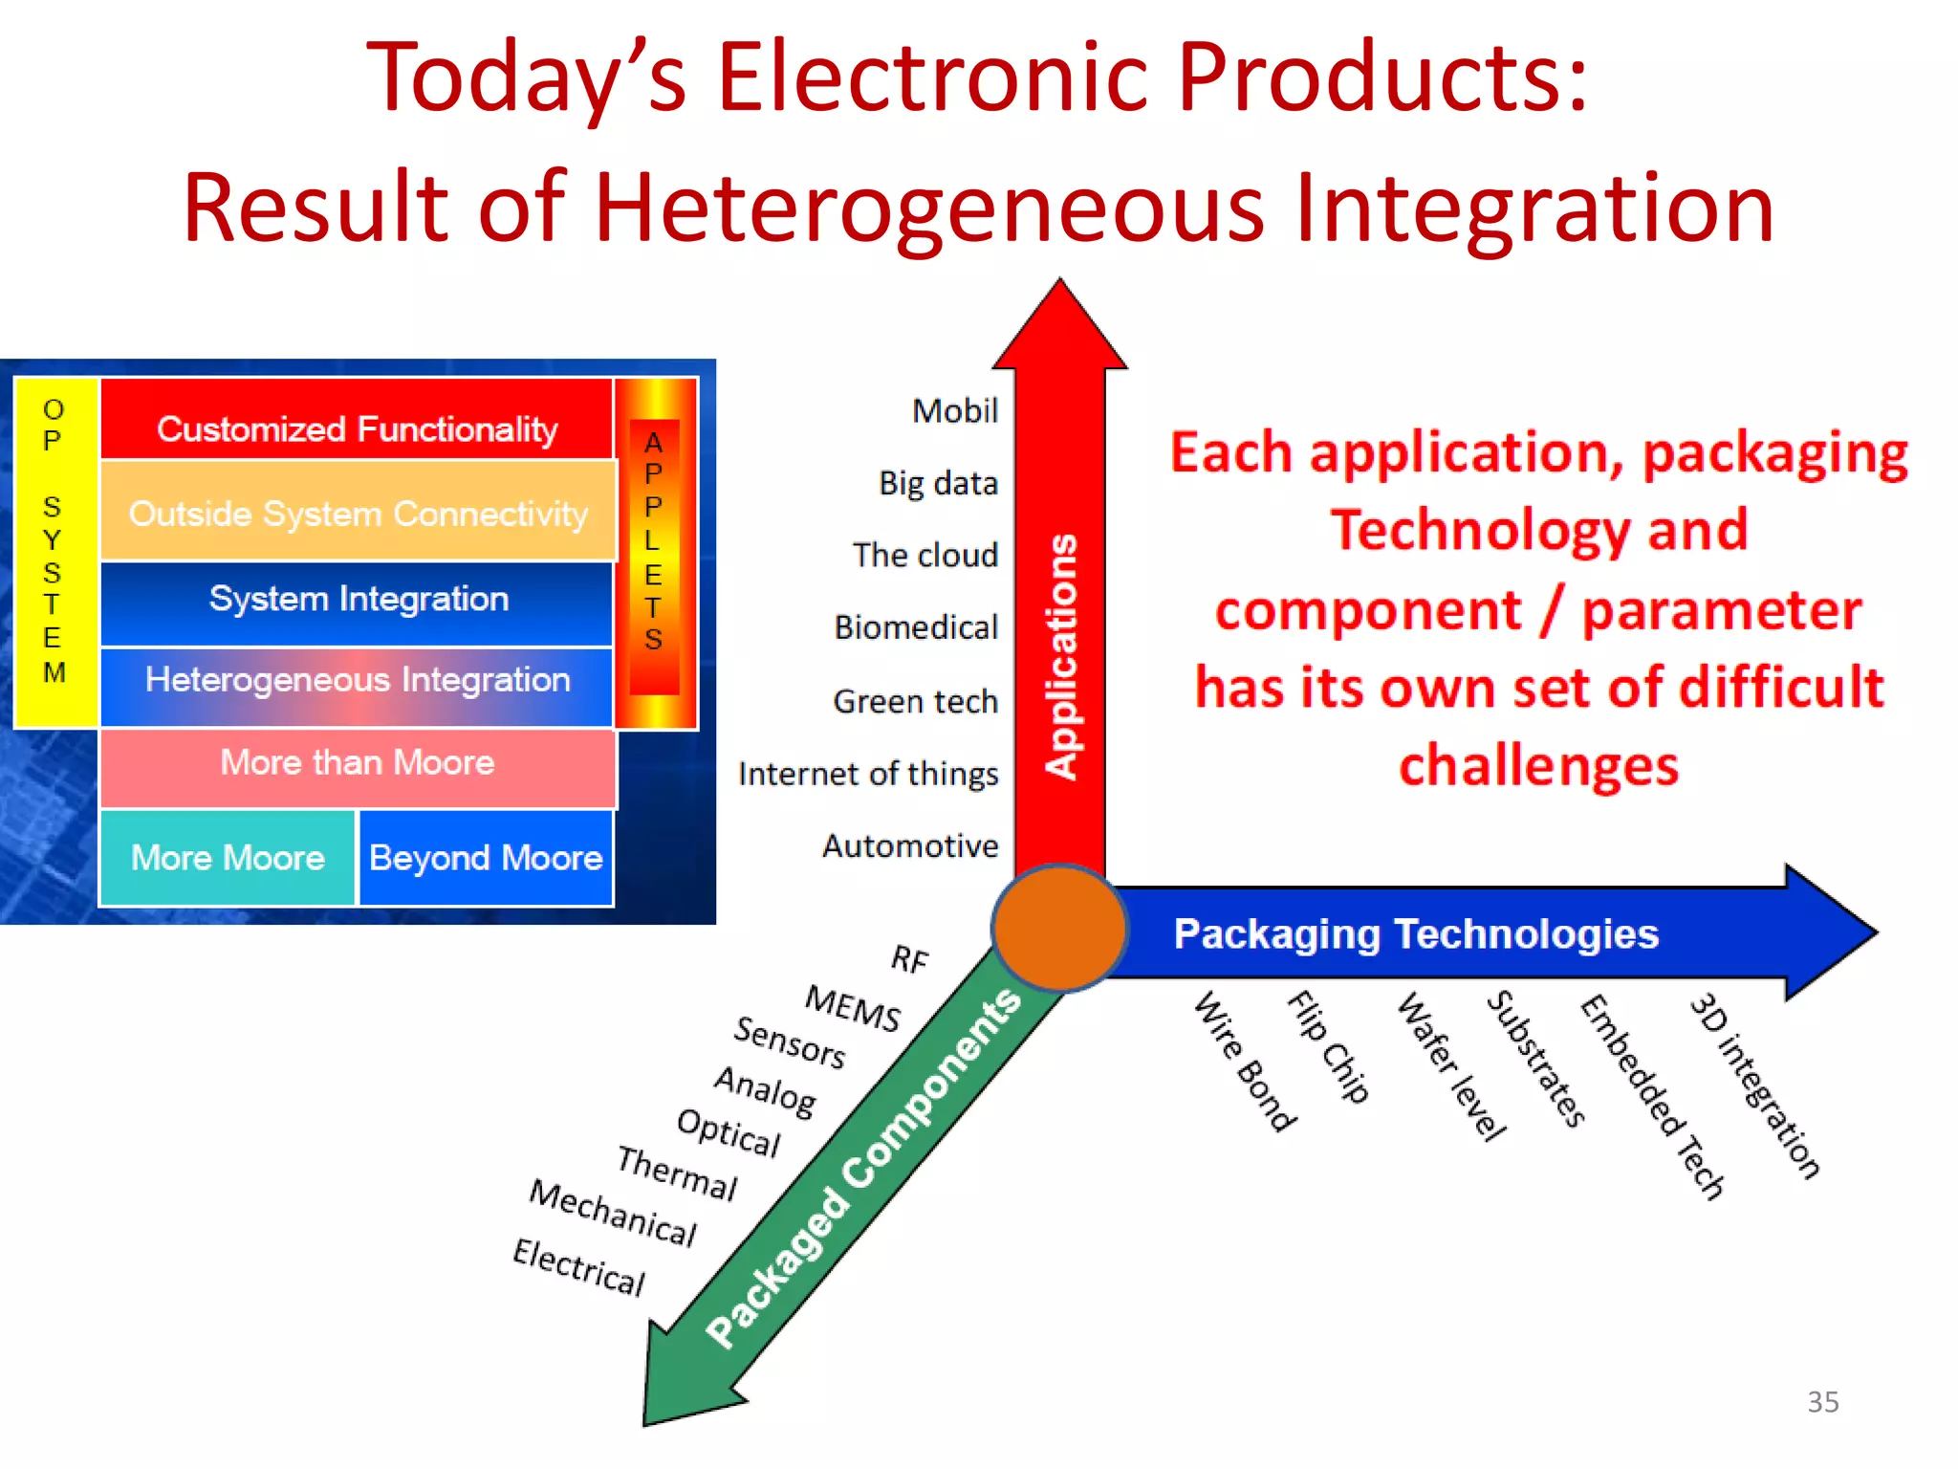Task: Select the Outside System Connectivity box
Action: point(358,513)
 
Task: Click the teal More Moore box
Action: point(228,858)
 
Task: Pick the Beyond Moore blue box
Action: point(486,858)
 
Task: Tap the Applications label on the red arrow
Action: point(1061,657)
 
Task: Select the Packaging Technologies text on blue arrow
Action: point(1415,934)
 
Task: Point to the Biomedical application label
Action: point(916,628)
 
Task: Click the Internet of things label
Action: point(868,774)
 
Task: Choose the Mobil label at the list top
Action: point(954,411)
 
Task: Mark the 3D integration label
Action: point(1754,1085)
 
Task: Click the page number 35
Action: point(1822,1402)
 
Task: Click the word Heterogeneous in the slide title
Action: point(927,208)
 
